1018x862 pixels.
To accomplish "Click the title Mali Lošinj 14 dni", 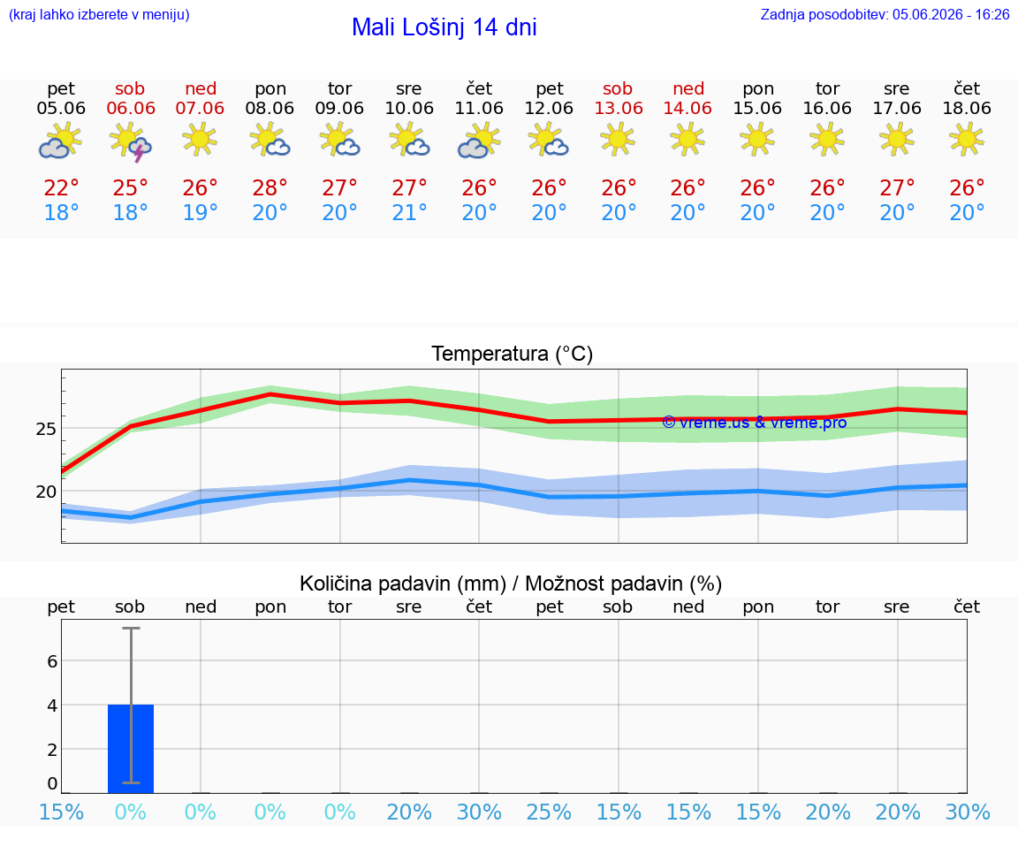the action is pos(444,27).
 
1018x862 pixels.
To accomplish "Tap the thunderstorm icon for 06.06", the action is pos(131,143).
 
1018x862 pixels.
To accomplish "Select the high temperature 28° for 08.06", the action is pos(270,187).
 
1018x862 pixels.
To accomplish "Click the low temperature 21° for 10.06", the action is pos(409,212).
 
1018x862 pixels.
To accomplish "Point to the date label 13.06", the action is pos(618,108).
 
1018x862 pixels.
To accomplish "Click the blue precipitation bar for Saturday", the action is pos(131,748).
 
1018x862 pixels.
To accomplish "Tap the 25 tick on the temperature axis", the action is pos(45,429).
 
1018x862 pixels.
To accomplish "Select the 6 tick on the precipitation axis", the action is pos(52,661).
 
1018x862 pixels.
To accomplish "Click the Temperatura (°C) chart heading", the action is pos(513,354).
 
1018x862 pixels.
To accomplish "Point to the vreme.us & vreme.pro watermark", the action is pos(754,423).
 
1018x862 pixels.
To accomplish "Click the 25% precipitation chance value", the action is pos(549,812).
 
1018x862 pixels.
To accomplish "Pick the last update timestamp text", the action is pos(885,14).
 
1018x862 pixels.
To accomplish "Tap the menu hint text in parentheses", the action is pos(99,14).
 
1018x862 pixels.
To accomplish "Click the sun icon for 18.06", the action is pos(966,139).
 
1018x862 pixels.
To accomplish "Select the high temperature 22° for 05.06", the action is pos(61,187).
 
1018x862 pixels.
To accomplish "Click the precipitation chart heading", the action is pos(510,584).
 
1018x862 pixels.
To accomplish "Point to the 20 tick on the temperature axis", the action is pos(45,492).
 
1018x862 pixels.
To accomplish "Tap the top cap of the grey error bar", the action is pos(131,628).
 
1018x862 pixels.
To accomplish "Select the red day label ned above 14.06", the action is pos(688,88).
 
